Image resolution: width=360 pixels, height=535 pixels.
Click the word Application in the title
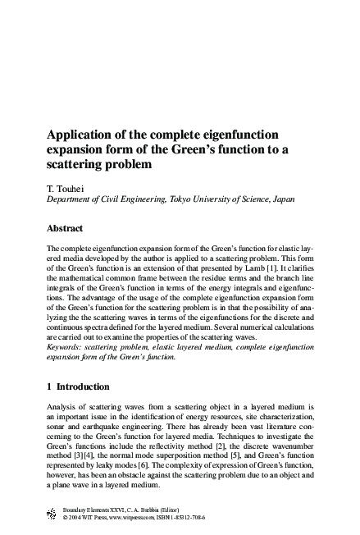tap(80, 133)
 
